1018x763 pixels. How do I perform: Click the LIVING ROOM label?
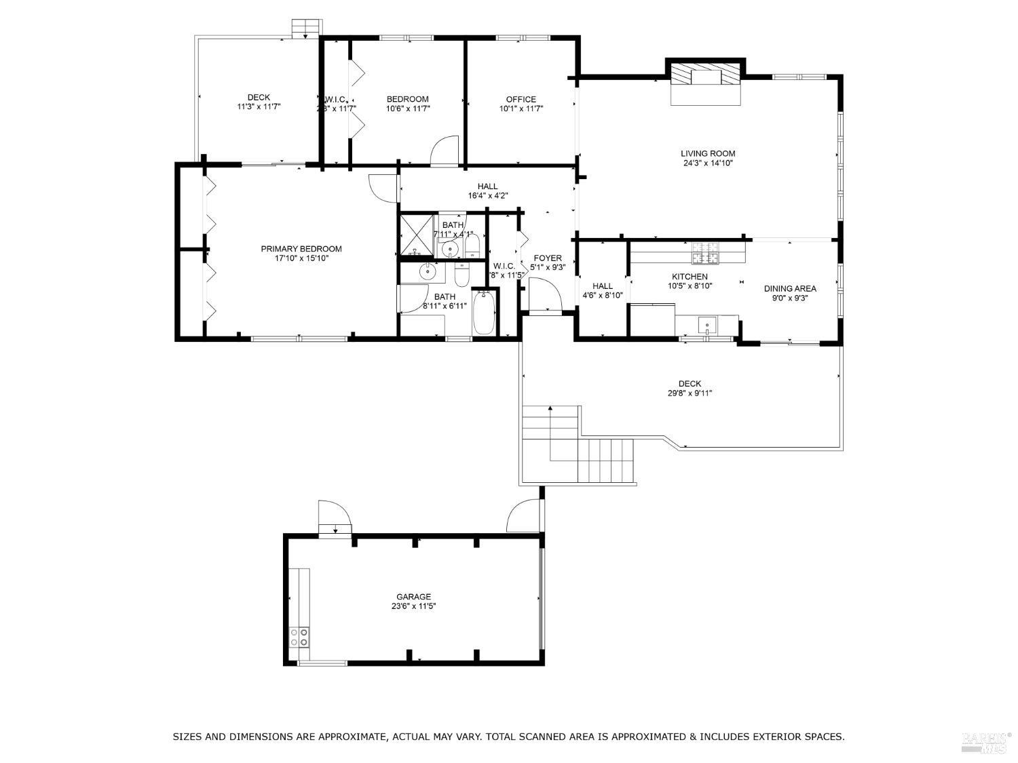pyautogui.click(x=708, y=153)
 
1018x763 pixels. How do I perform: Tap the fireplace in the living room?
pyautogui.click(x=705, y=76)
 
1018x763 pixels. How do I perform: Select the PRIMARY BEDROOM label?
pyautogui.click(x=301, y=249)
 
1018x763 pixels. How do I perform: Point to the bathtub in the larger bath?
pyautogui.click(x=483, y=313)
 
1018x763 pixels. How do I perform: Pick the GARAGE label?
pyautogui.click(x=413, y=597)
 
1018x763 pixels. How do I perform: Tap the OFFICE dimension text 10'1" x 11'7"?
pyautogui.click(x=521, y=109)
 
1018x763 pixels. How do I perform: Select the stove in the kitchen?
pyautogui.click(x=704, y=254)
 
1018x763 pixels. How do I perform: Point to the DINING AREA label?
pyautogui.click(x=790, y=288)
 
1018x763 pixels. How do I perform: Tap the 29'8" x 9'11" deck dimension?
pyautogui.click(x=690, y=393)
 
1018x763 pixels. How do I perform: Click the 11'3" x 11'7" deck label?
pyautogui.click(x=259, y=107)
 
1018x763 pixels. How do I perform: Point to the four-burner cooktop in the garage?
pyautogui.click(x=299, y=637)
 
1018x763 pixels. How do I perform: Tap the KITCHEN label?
pyautogui.click(x=690, y=277)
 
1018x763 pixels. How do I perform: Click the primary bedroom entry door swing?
pyautogui.click(x=381, y=188)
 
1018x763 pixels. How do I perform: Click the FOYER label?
pyautogui.click(x=547, y=258)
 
